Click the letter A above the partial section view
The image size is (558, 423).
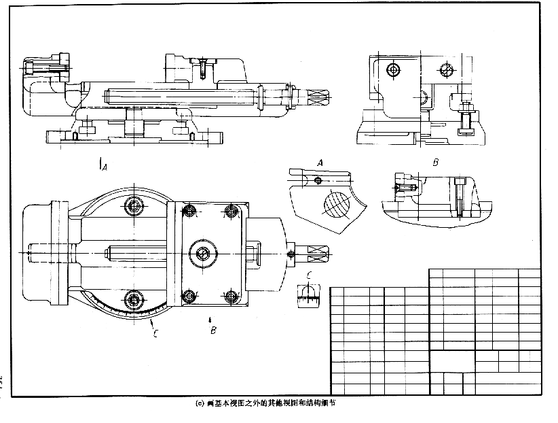click(x=320, y=162)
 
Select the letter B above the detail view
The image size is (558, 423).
click(x=435, y=163)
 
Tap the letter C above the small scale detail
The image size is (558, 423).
click(x=310, y=275)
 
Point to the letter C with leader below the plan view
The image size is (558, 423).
click(x=155, y=333)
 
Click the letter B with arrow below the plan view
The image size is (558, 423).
click(x=213, y=331)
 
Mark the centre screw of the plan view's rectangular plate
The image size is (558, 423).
click(x=203, y=254)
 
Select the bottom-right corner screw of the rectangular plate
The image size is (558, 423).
click(x=232, y=295)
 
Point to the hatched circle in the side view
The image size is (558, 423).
click(x=445, y=69)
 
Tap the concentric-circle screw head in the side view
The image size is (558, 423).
click(x=392, y=69)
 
